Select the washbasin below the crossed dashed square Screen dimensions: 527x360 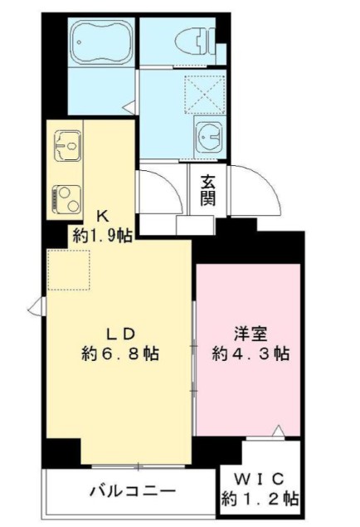[x=206, y=133]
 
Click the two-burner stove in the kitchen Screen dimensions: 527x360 [x=66, y=196]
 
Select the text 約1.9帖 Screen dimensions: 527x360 [x=102, y=236]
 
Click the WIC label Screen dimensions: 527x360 [x=260, y=479]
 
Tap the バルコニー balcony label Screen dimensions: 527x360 [x=133, y=491]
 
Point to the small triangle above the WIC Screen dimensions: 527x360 [x=278, y=430]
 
